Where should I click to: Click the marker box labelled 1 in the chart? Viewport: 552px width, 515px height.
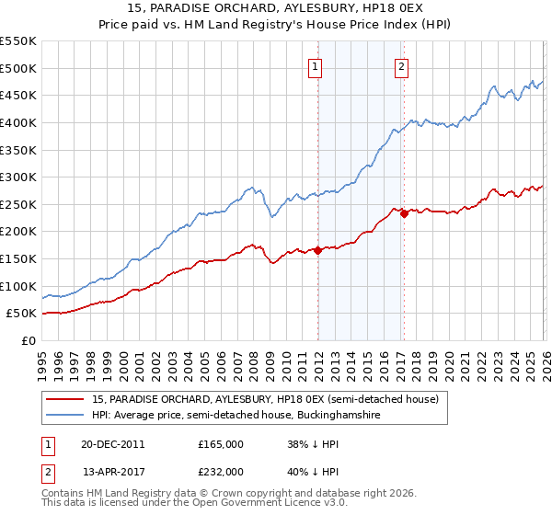tap(316, 65)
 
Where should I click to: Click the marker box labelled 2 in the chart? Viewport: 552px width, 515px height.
tap(403, 65)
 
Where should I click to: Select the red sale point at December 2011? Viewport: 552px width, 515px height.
tap(317, 250)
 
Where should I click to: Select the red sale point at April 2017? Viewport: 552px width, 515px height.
tap(404, 213)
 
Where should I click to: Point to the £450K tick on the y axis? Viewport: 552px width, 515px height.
tap(18, 95)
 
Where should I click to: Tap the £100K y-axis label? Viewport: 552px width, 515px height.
tap(18, 286)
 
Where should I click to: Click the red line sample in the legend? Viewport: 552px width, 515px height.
tap(67, 399)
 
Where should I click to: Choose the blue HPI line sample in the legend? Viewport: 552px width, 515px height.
tap(67, 416)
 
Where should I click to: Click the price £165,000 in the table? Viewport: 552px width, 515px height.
tap(221, 443)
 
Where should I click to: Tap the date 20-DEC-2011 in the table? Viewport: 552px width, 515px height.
tap(113, 443)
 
